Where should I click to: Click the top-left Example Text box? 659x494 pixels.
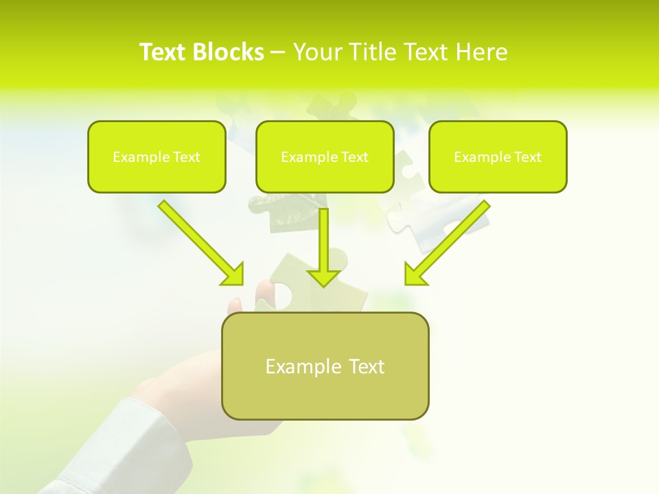tap(157, 156)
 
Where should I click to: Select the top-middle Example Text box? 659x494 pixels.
tap(325, 156)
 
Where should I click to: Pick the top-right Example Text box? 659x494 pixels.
tap(498, 156)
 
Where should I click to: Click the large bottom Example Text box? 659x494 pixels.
tap(325, 366)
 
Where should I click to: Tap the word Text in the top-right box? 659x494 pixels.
tap(527, 157)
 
